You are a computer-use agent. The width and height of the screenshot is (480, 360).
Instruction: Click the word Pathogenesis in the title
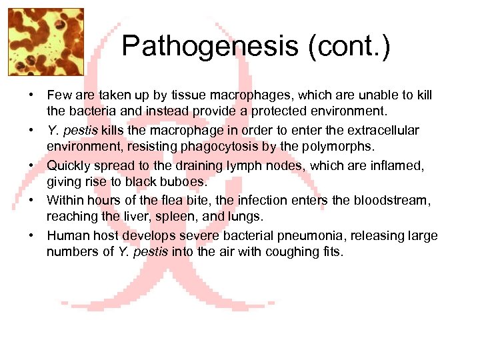click(x=210, y=47)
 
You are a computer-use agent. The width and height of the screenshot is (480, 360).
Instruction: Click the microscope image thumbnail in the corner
click(x=46, y=41)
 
